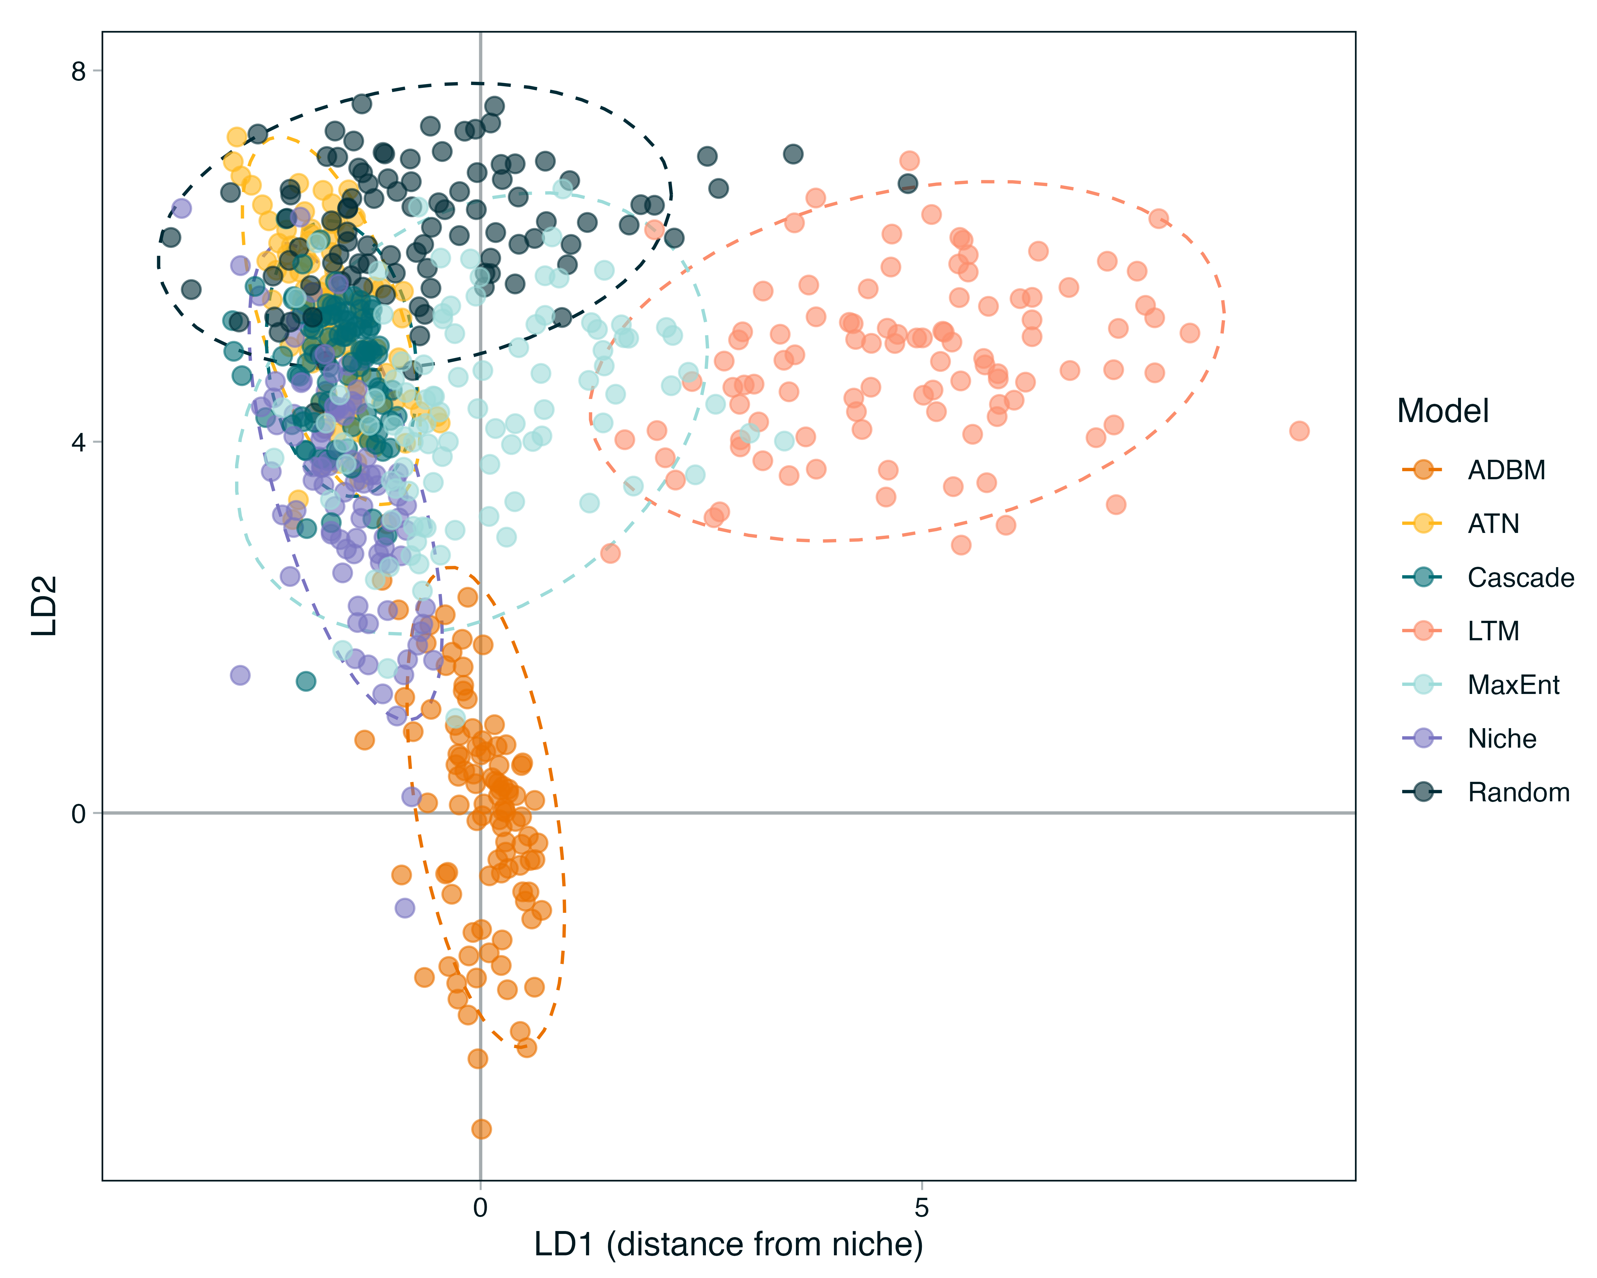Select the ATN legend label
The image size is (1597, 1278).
point(1493,524)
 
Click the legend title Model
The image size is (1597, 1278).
point(1442,411)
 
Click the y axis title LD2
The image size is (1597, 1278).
point(44,606)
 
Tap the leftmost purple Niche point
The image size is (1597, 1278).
point(181,208)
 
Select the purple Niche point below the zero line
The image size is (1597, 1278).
point(404,908)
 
